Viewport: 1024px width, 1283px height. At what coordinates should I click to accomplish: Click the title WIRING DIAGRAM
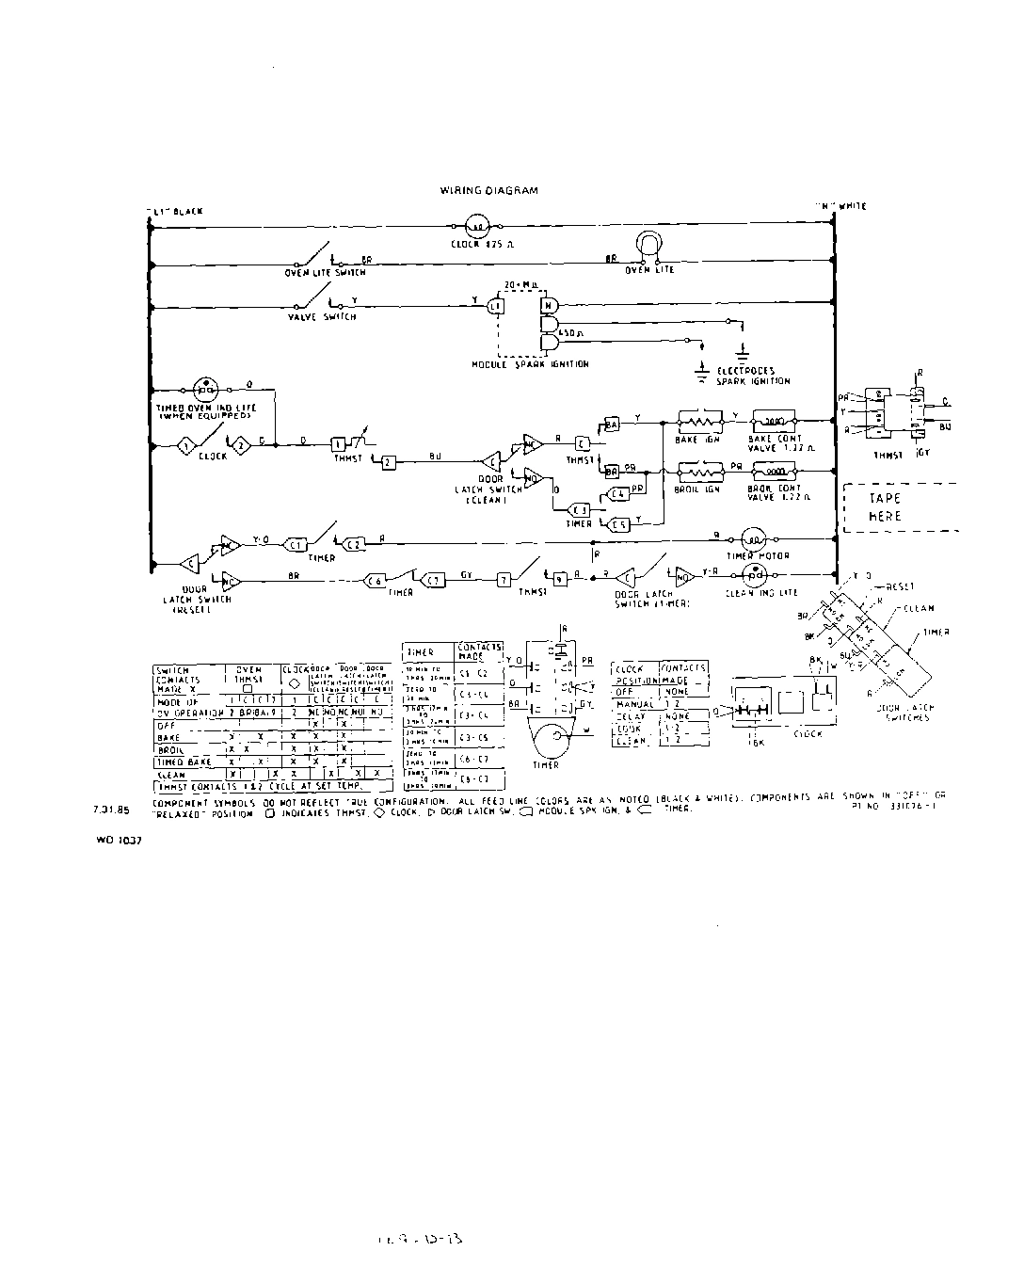(x=488, y=190)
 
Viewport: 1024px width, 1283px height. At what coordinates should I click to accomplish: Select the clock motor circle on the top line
(x=476, y=226)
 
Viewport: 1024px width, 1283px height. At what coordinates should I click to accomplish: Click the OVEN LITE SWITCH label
(x=326, y=272)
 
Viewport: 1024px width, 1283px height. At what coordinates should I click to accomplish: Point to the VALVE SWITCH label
(x=322, y=317)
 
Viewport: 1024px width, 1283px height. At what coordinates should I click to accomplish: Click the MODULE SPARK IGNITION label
(x=530, y=363)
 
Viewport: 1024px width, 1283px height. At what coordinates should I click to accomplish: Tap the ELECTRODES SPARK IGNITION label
(x=753, y=377)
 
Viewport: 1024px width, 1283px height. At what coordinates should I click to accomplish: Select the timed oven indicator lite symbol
(x=205, y=388)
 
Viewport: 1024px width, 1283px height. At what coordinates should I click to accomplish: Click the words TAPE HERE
(x=885, y=506)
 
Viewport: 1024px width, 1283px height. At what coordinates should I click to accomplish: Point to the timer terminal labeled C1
(x=296, y=544)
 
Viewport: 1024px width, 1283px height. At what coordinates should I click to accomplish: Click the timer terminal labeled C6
(x=374, y=580)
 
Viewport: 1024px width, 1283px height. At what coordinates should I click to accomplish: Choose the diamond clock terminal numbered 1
(x=186, y=442)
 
